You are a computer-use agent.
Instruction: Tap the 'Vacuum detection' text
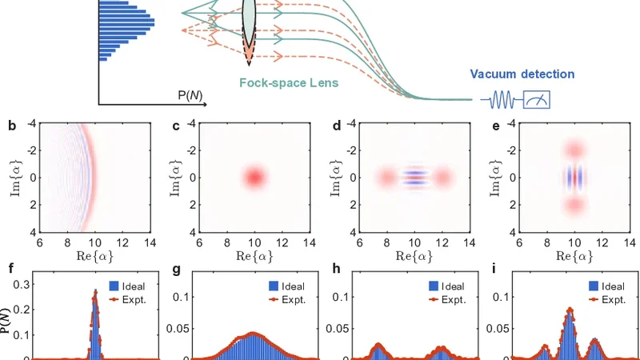522,74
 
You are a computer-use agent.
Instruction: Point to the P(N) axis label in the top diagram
189,95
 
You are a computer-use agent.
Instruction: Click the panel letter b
10,126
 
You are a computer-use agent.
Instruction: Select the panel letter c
173,126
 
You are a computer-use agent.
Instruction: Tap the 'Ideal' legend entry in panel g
286,286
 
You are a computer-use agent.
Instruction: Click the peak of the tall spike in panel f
95,291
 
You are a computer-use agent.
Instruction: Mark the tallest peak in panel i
570,309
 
